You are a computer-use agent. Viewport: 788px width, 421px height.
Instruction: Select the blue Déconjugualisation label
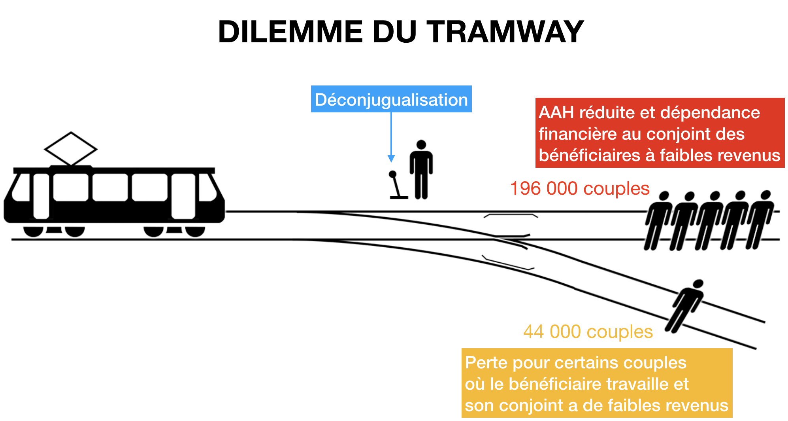(391, 99)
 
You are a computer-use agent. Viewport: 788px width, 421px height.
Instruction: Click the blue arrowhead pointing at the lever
(391, 159)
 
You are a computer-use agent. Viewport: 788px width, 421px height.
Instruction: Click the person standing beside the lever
(421, 169)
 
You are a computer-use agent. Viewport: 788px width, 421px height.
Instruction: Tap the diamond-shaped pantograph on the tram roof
(71, 149)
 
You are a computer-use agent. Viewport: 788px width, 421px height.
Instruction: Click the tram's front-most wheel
(195, 231)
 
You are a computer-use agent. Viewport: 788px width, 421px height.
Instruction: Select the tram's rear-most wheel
(34, 231)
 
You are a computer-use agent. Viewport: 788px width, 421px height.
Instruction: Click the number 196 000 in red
(544, 188)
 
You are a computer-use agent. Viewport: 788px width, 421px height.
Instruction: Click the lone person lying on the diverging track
(684, 305)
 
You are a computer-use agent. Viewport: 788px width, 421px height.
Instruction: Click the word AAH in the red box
(556, 113)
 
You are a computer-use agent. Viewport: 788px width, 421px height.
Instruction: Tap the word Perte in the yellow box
(486, 363)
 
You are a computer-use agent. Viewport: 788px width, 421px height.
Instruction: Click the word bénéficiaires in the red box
(589, 156)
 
